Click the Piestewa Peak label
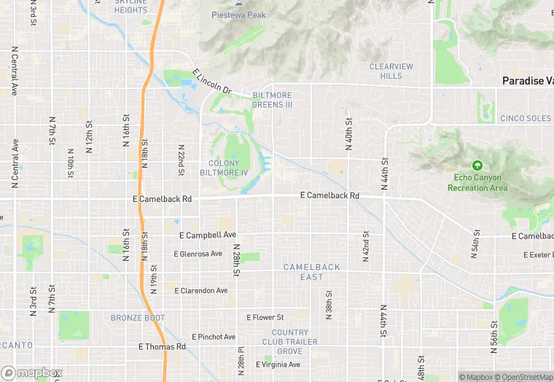click(x=238, y=15)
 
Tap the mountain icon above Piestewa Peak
click(x=238, y=3)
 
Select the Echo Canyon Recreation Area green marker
click(x=477, y=166)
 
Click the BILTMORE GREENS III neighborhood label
click(x=272, y=100)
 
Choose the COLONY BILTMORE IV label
click(x=228, y=168)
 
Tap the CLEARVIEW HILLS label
click(x=391, y=71)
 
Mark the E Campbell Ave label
click(x=208, y=235)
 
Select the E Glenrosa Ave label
click(x=198, y=254)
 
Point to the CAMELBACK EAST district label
click(x=311, y=272)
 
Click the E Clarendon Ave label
click(x=201, y=290)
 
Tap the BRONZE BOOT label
click(x=138, y=318)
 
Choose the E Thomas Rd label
click(x=161, y=347)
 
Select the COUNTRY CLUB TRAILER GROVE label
click(x=289, y=342)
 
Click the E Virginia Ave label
click(x=278, y=365)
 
